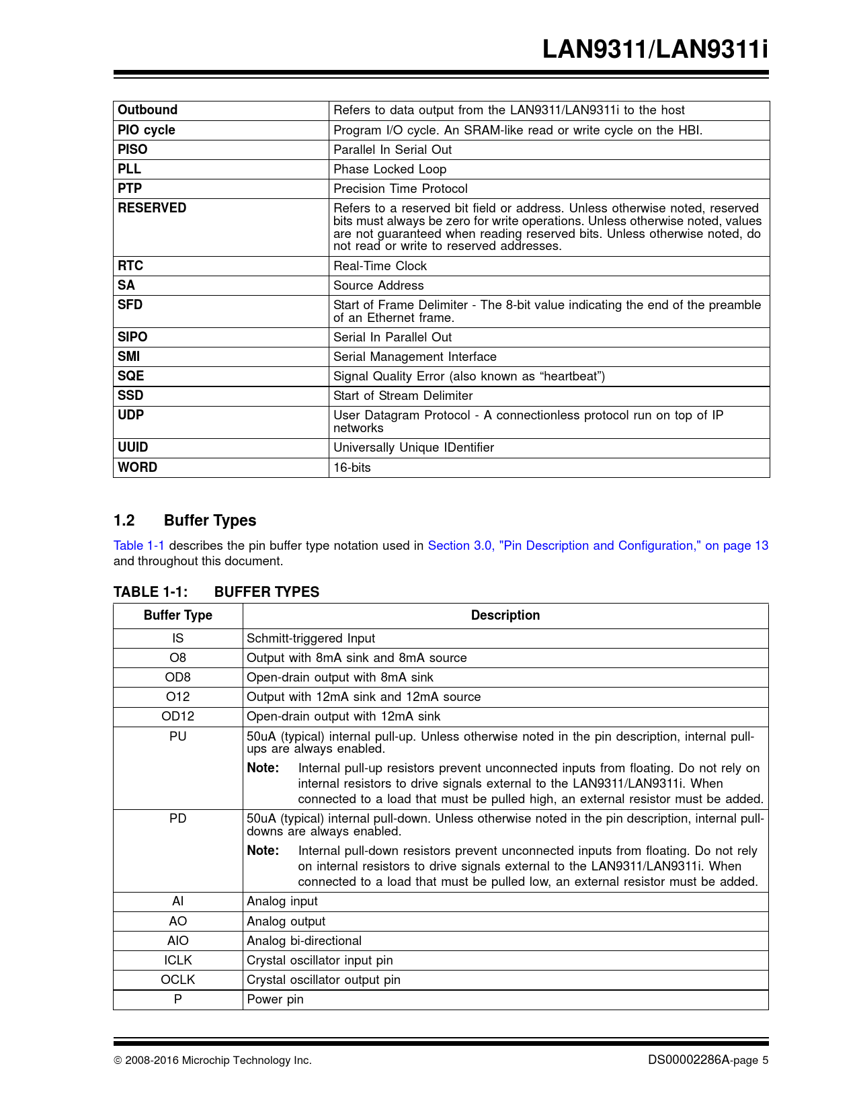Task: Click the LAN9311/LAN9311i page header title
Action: [x=655, y=50]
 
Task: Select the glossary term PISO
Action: [x=132, y=149]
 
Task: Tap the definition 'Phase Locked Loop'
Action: [x=390, y=169]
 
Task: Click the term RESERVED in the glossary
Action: [x=152, y=208]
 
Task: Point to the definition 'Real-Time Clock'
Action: [x=380, y=265]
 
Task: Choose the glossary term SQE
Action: [x=131, y=376]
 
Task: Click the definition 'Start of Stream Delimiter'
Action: [x=403, y=395]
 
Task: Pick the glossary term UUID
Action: [x=132, y=447]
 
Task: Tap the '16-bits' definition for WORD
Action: [x=352, y=467]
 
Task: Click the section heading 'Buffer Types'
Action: [x=210, y=520]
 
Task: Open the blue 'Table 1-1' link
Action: [x=138, y=545]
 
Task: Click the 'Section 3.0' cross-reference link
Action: [x=598, y=545]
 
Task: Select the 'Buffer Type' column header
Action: [x=177, y=615]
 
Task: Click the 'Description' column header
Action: [x=505, y=615]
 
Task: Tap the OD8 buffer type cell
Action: [x=177, y=677]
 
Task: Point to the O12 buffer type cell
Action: [x=177, y=696]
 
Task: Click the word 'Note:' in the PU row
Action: [x=263, y=768]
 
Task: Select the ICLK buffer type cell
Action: [x=177, y=960]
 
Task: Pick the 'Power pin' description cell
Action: [x=275, y=999]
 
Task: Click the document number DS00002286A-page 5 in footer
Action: [x=708, y=1060]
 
